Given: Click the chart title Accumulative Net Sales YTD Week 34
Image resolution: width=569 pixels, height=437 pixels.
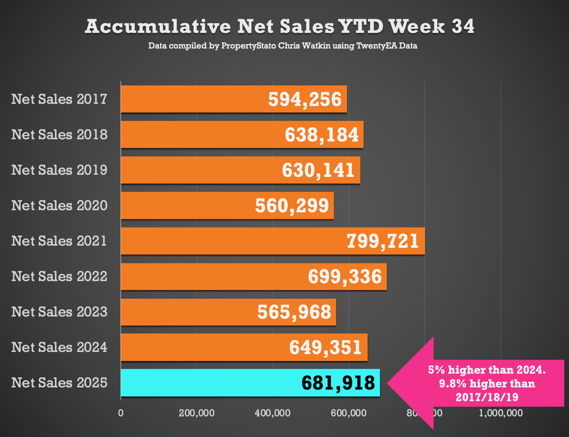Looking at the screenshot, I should point(280,26).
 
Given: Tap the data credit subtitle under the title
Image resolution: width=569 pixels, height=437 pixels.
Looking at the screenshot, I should point(282,46).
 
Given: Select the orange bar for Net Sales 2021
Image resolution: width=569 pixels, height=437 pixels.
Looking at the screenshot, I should point(227,241).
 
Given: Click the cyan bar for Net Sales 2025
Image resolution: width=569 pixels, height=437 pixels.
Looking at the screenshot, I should point(205,383).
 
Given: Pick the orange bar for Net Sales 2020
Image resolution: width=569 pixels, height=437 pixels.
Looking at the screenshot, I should point(182,206).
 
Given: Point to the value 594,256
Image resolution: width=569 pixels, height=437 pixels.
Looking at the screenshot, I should point(304,99).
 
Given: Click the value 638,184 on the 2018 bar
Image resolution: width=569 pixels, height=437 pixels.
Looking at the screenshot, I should point(322,135).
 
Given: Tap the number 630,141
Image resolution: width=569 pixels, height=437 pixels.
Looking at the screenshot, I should point(318,170).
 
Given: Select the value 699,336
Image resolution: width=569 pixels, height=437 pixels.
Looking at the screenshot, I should point(344,276).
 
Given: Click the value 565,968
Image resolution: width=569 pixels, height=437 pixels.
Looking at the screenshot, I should point(294,312).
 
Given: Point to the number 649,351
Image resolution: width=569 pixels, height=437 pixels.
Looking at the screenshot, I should point(325,347).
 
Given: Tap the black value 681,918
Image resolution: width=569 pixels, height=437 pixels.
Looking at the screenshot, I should point(338,383).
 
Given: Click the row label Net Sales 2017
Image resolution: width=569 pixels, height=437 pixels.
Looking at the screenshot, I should point(60,99).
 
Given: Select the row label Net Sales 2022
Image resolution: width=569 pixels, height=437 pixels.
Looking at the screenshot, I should point(60,276).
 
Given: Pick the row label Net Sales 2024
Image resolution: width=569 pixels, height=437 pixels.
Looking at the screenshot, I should point(60,347).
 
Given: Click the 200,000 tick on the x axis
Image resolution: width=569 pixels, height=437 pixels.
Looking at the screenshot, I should point(197,413).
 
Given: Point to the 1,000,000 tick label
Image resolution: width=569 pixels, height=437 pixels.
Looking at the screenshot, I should point(500,413).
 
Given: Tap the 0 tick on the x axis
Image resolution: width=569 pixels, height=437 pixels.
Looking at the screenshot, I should point(121,413).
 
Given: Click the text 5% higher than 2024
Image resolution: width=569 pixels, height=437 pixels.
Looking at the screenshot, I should point(487,370).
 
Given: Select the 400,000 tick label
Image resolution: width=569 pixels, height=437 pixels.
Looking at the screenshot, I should point(273,413).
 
